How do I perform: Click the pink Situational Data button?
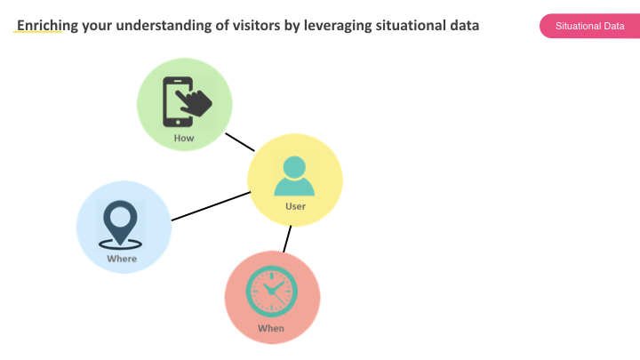pos(590,26)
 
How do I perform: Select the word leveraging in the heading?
pos(338,26)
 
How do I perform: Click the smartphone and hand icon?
pos(188,101)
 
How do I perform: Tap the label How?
pos(184,138)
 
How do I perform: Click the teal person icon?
pos(294,176)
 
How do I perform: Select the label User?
pos(295,206)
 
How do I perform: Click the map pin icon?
pos(120,225)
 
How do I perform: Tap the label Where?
pos(122,259)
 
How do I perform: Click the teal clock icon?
pos(271,292)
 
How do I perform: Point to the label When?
pos(271,328)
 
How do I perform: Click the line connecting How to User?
pos(240,142)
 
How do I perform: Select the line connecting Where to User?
pos(211,206)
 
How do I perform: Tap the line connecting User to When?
pos(287,239)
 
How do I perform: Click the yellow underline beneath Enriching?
pos(37,31)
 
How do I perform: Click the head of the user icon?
pos(294,167)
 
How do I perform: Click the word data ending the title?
pos(465,25)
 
